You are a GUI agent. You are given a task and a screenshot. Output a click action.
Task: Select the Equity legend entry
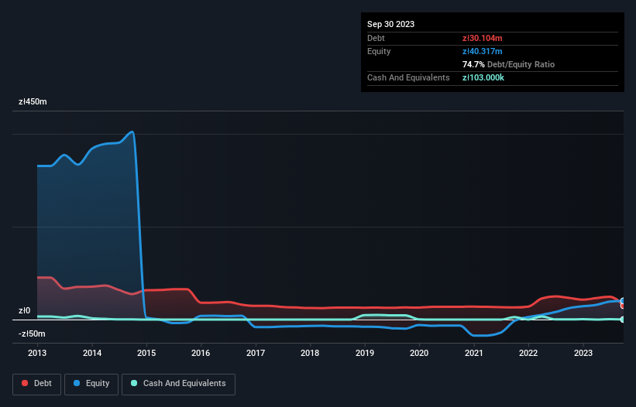tap(93, 384)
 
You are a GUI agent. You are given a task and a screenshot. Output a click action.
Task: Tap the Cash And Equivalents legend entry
tap(178, 384)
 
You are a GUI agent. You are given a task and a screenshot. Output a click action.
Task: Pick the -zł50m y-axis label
tap(33, 334)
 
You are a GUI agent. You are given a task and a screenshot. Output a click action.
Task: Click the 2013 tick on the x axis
tap(37, 354)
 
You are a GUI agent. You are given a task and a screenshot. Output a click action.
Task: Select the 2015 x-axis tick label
tap(146, 354)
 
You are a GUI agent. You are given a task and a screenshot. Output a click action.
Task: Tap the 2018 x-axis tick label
tap(310, 354)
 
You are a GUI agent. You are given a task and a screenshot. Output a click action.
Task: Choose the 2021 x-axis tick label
tap(473, 354)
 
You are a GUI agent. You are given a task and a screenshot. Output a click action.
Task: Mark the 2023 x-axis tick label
tap(583, 354)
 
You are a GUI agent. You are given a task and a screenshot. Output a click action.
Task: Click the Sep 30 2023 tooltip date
tap(390, 24)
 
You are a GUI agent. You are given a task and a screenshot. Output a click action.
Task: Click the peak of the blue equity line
tap(132, 132)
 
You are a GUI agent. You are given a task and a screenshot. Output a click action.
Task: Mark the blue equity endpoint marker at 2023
tap(623, 302)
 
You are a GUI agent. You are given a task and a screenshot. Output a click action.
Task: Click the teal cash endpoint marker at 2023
tap(623, 320)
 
